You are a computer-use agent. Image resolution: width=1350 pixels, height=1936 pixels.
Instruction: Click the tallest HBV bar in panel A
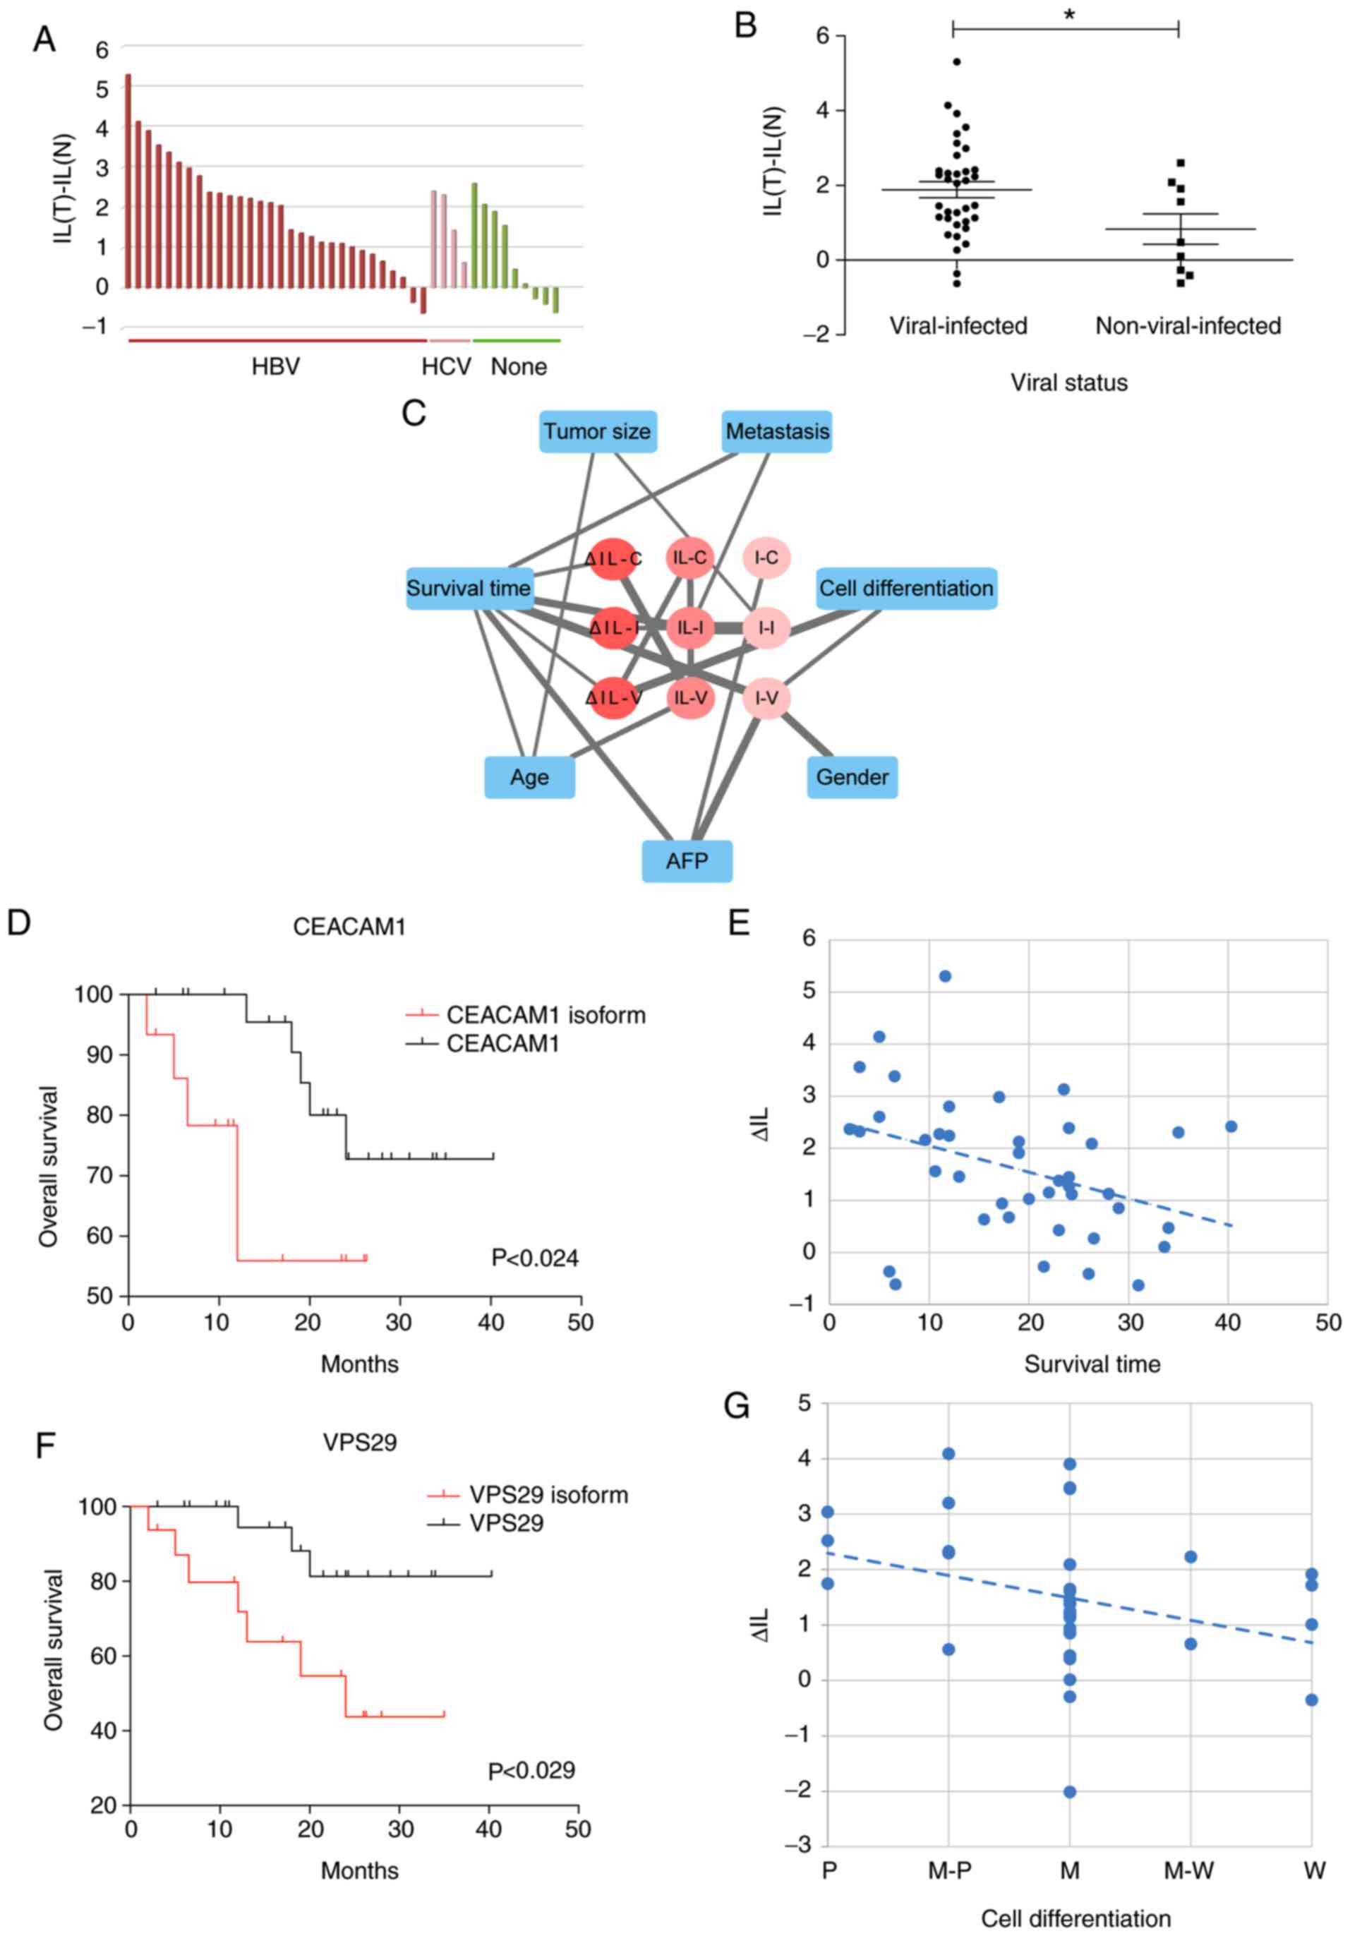128,181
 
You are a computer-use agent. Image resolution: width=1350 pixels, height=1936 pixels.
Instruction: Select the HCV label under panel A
446,367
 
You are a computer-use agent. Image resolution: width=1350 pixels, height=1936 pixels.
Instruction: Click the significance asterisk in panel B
1068,16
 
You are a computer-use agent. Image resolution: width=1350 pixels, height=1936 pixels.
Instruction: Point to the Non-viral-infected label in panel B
1187,326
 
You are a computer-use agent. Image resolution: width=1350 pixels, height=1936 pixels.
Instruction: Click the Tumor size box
597,432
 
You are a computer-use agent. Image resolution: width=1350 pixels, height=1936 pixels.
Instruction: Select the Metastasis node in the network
776,432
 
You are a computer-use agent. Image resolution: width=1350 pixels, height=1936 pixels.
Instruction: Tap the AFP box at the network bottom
687,861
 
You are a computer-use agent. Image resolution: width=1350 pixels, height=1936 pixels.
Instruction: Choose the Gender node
852,776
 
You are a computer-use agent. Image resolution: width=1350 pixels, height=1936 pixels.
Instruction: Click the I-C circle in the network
766,558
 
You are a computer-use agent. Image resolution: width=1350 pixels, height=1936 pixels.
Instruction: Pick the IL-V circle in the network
691,697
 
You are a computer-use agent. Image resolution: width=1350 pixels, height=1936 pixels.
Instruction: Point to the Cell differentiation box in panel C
905,589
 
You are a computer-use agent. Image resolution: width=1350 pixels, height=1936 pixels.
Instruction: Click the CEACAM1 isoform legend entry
546,1014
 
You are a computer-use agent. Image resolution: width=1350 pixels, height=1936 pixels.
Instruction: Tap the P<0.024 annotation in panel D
535,1258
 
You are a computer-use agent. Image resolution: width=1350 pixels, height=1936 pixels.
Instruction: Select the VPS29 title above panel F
359,1442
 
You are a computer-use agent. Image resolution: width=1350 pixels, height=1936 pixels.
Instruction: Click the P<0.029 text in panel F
531,1770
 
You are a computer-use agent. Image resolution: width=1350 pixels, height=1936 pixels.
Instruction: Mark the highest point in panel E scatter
945,975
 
